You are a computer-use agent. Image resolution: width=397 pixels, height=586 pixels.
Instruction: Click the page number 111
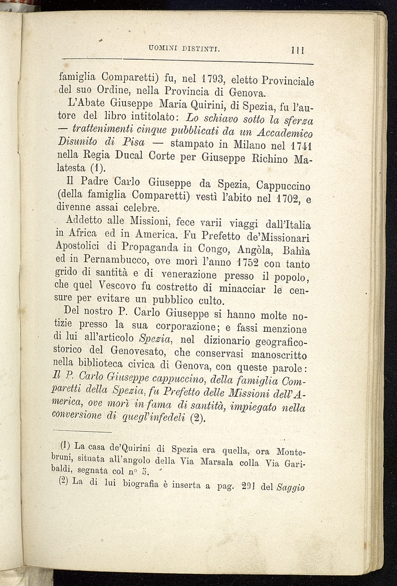pos(299,51)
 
